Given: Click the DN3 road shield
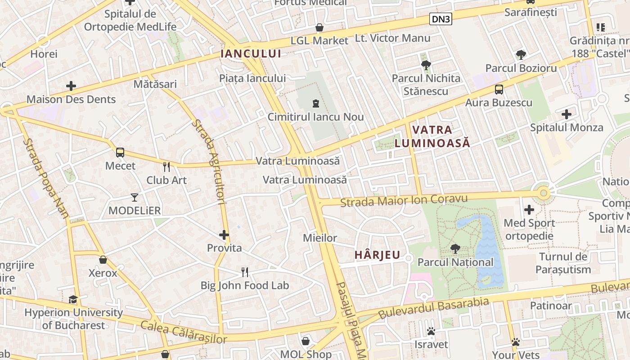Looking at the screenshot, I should [x=441, y=18].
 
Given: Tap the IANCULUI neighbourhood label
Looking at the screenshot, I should [x=251, y=54].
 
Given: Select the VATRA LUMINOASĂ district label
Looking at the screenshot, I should [x=432, y=136].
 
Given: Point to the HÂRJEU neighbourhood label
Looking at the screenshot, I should [x=377, y=255].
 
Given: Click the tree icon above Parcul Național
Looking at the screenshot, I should [x=455, y=248].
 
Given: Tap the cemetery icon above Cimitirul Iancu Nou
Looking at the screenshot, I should [x=315, y=104].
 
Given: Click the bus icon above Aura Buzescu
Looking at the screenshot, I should [x=499, y=89].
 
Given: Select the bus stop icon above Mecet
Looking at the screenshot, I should [x=120, y=152].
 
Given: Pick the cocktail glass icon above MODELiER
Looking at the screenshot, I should [x=134, y=197].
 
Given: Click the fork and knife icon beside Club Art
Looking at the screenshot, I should [x=166, y=167].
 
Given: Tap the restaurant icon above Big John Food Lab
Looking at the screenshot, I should [x=245, y=272].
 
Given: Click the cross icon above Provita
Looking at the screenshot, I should [x=224, y=234].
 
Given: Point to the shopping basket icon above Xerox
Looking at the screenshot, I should [x=103, y=260].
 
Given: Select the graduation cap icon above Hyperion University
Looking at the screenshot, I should [x=73, y=299].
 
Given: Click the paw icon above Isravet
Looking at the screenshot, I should [x=431, y=332].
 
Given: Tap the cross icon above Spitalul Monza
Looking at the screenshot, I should [x=567, y=114].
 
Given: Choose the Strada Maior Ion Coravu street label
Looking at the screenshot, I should [x=404, y=200].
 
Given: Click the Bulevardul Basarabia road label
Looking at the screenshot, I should [x=433, y=308].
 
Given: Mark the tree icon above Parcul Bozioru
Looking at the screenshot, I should [x=521, y=55].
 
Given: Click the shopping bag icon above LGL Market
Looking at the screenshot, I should [x=319, y=27].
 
